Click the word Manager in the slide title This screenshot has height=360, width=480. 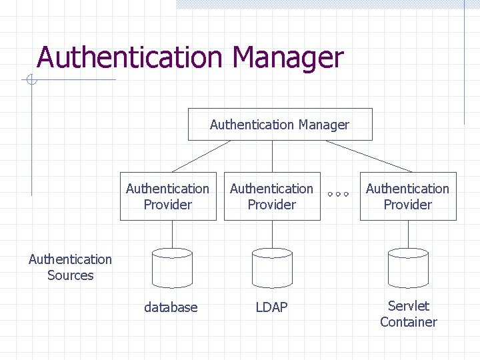tap(288, 57)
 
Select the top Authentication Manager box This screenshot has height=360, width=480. tap(280, 125)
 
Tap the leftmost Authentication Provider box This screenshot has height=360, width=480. tap(168, 197)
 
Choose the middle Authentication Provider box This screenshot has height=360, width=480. tap(272, 197)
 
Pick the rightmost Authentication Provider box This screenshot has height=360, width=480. tap(408, 197)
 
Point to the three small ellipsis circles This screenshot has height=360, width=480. tap(338, 195)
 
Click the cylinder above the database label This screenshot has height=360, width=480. tap(172, 268)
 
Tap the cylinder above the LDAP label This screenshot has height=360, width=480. tap(272, 268)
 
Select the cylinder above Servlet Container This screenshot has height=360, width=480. tap(408, 268)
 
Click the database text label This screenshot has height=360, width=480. tap(171, 307)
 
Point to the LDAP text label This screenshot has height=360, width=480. tap(272, 307)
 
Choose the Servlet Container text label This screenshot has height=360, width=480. tap(409, 314)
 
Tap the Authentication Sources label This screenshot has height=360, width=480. tap(70, 267)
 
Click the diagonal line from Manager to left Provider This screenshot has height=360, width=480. tap(192, 157)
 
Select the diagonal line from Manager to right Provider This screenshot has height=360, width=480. tap(369, 156)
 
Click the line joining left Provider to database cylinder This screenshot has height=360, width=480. tap(172, 234)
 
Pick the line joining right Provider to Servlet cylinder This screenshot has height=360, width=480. tap(408, 234)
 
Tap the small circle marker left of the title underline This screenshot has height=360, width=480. tap(31, 81)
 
